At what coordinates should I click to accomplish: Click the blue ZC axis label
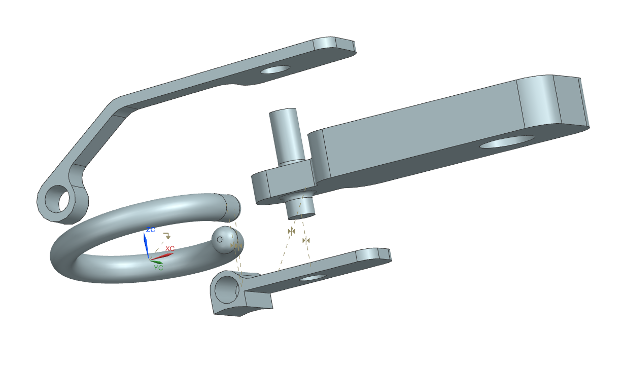pos(150,230)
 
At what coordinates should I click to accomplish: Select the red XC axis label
pos(170,248)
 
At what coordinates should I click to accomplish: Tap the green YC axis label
pos(159,268)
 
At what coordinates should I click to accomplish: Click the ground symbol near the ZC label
pos(166,236)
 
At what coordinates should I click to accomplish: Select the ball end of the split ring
pos(226,239)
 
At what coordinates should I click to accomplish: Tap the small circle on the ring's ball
pos(220,239)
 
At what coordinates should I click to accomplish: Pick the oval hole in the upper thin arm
pos(275,69)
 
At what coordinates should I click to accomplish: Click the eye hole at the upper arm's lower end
pos(58,200)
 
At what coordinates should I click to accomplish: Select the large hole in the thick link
pos(507,141)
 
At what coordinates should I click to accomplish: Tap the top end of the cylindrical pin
pos(282,112)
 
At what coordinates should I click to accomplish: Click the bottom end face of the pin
pos(301,215)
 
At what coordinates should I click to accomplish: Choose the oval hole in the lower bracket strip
pos(312,278)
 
